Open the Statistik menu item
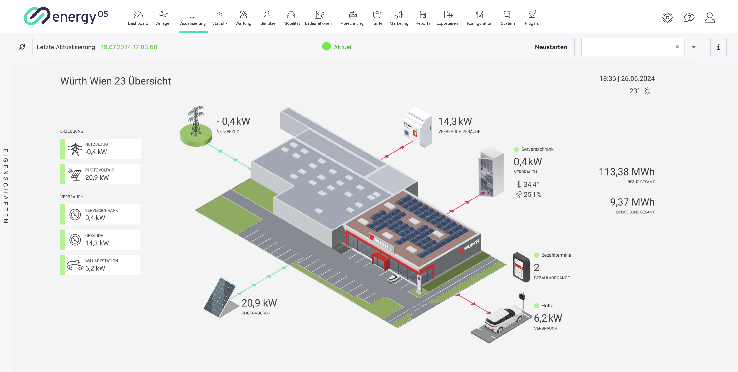pyautogui.click(x=220, y=18)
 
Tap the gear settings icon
pyautogui.click(x=667, y=18)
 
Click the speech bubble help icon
pyautogui.click(x=689, y=18)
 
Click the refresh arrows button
pyautogui.click(x=22, y=47)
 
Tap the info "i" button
pyautogui.click(x=718, y=47)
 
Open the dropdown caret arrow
pyautogui.click(x=694, y=47)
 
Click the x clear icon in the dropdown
pyautogui.click(x=677, y=47)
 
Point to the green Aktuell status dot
pyautogui.click(x=326, y=47)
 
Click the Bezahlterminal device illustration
pyautogui.click(x=521, y=267)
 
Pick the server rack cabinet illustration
pyautogui.click(x=491, y=172)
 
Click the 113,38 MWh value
pyautogui.click(x=627, y=172)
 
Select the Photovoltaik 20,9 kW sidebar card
pyautogui.click(x=100, y=174)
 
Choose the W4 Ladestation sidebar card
pyautogui.click(x=100, y=265)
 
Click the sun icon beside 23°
pyautogui.click(x=647, y=91)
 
